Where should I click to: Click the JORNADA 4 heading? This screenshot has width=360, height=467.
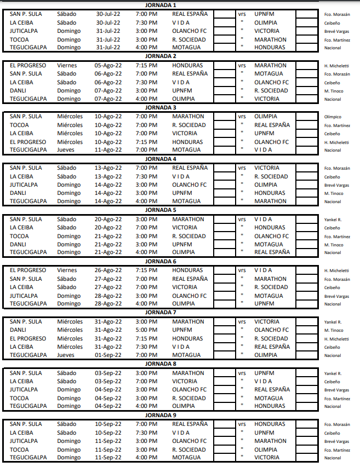[161, 159]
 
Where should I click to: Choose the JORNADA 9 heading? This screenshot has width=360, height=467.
[161, 415]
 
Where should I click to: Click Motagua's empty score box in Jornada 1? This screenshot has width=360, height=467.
[224, 48]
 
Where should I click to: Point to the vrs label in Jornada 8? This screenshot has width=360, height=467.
[242, 373]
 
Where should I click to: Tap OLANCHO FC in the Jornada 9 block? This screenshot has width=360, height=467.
[189, 441]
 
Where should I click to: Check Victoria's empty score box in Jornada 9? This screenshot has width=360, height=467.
[306, 458]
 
